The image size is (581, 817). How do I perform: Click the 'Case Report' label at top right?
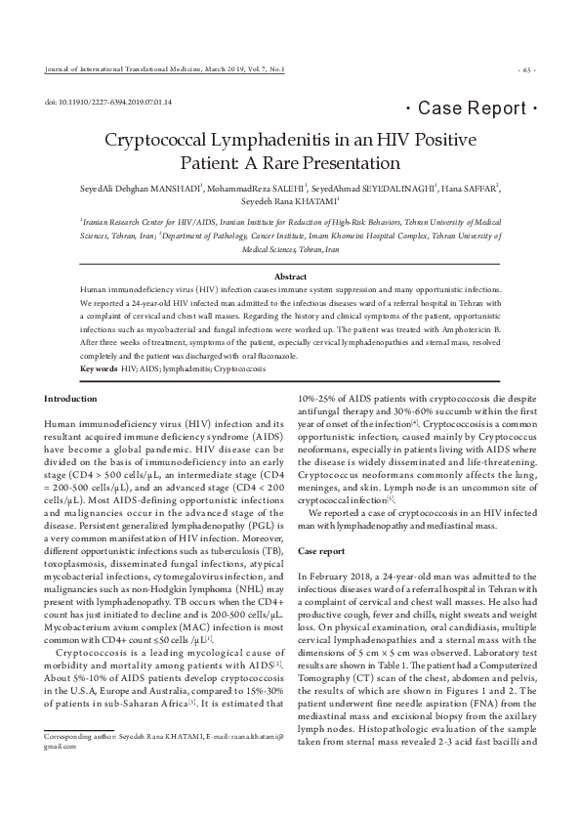point(472,107)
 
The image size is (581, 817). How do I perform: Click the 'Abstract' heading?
point(291,278)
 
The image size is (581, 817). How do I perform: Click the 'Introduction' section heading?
point(72,399)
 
